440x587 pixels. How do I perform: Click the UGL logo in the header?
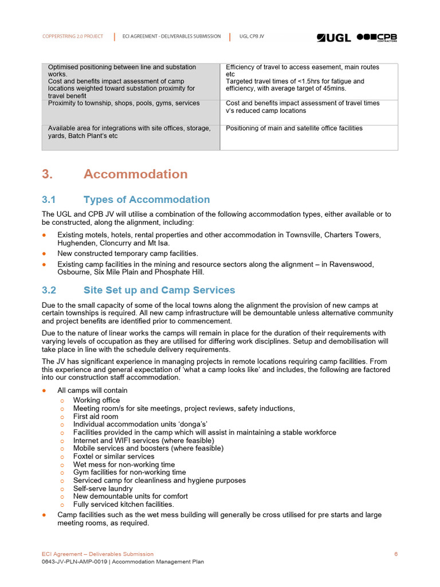[x=334, y=37]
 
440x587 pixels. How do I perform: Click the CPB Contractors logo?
[x=377, y=37]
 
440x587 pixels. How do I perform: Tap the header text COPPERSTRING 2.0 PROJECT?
[x=73, y=36]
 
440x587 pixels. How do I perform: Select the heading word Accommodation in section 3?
[x=135, y=174]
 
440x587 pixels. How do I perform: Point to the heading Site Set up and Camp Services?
[x=159, y=290]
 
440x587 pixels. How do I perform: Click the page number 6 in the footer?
[x=396, y=554]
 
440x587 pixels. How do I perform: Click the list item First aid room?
[x=95, y=417]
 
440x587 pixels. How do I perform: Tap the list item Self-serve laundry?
[x=103, y=488]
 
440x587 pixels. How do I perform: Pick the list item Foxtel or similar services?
[x=113, y=456]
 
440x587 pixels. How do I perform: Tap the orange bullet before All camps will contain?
[x=45, y=391]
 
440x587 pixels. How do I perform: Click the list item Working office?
[x=96, y=400]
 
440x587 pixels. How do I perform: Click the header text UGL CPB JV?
[x=252, y=36]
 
